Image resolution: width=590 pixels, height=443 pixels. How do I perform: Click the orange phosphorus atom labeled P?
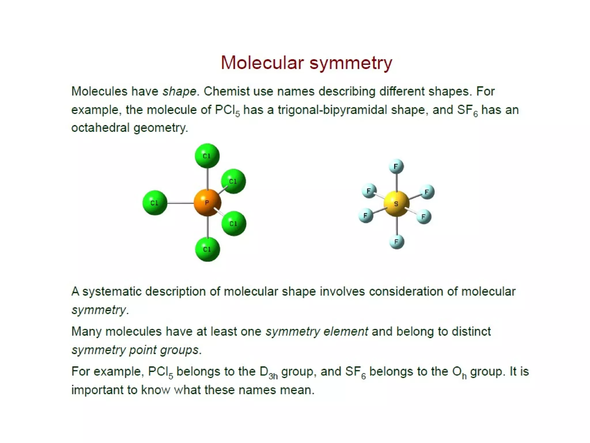click(x=207, y=202)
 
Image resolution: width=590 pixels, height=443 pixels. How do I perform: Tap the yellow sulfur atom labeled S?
click(x=396, y=204)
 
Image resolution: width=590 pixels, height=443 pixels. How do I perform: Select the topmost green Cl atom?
click(x=207, y=156)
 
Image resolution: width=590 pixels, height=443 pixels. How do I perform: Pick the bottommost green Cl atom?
click(x=207, y=249)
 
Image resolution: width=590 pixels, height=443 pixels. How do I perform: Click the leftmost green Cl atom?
click(x=155, y=203)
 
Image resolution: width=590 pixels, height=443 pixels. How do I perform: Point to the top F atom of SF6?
click(x=396, y=166)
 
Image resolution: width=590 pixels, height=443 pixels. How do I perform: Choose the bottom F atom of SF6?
click(x=397, y=241)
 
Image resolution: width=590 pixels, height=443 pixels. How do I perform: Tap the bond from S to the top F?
click(x=397, y=182)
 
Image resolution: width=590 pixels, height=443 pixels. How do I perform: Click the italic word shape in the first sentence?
click(x=179, y=91)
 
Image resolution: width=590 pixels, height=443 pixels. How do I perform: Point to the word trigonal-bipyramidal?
click(x=332, y=110)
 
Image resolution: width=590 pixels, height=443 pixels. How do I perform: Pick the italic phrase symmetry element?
click(x=317, y=332)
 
